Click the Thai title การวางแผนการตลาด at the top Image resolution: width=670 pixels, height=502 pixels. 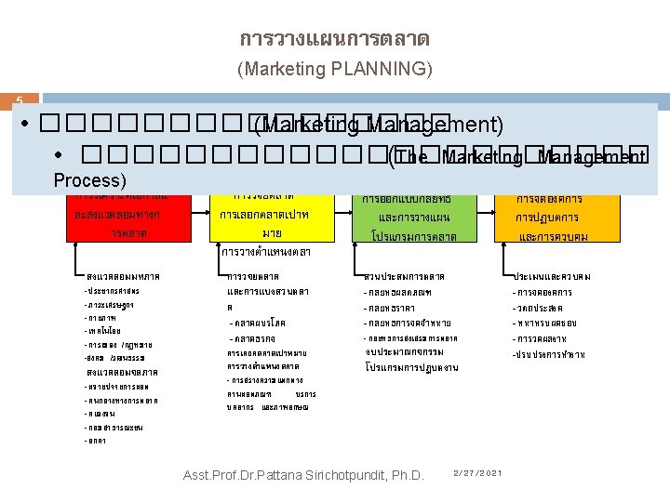pos(334,40)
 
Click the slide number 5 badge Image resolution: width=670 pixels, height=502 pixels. pos(16,100)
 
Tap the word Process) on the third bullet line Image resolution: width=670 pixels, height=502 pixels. pos(89,179)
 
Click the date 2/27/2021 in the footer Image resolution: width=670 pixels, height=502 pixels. pos(476,473)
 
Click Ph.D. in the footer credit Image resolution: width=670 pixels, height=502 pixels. pos(402,475)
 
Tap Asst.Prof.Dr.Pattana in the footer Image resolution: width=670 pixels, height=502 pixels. pos(234,475)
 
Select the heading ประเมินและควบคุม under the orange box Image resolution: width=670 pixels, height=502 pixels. pos(555,277)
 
